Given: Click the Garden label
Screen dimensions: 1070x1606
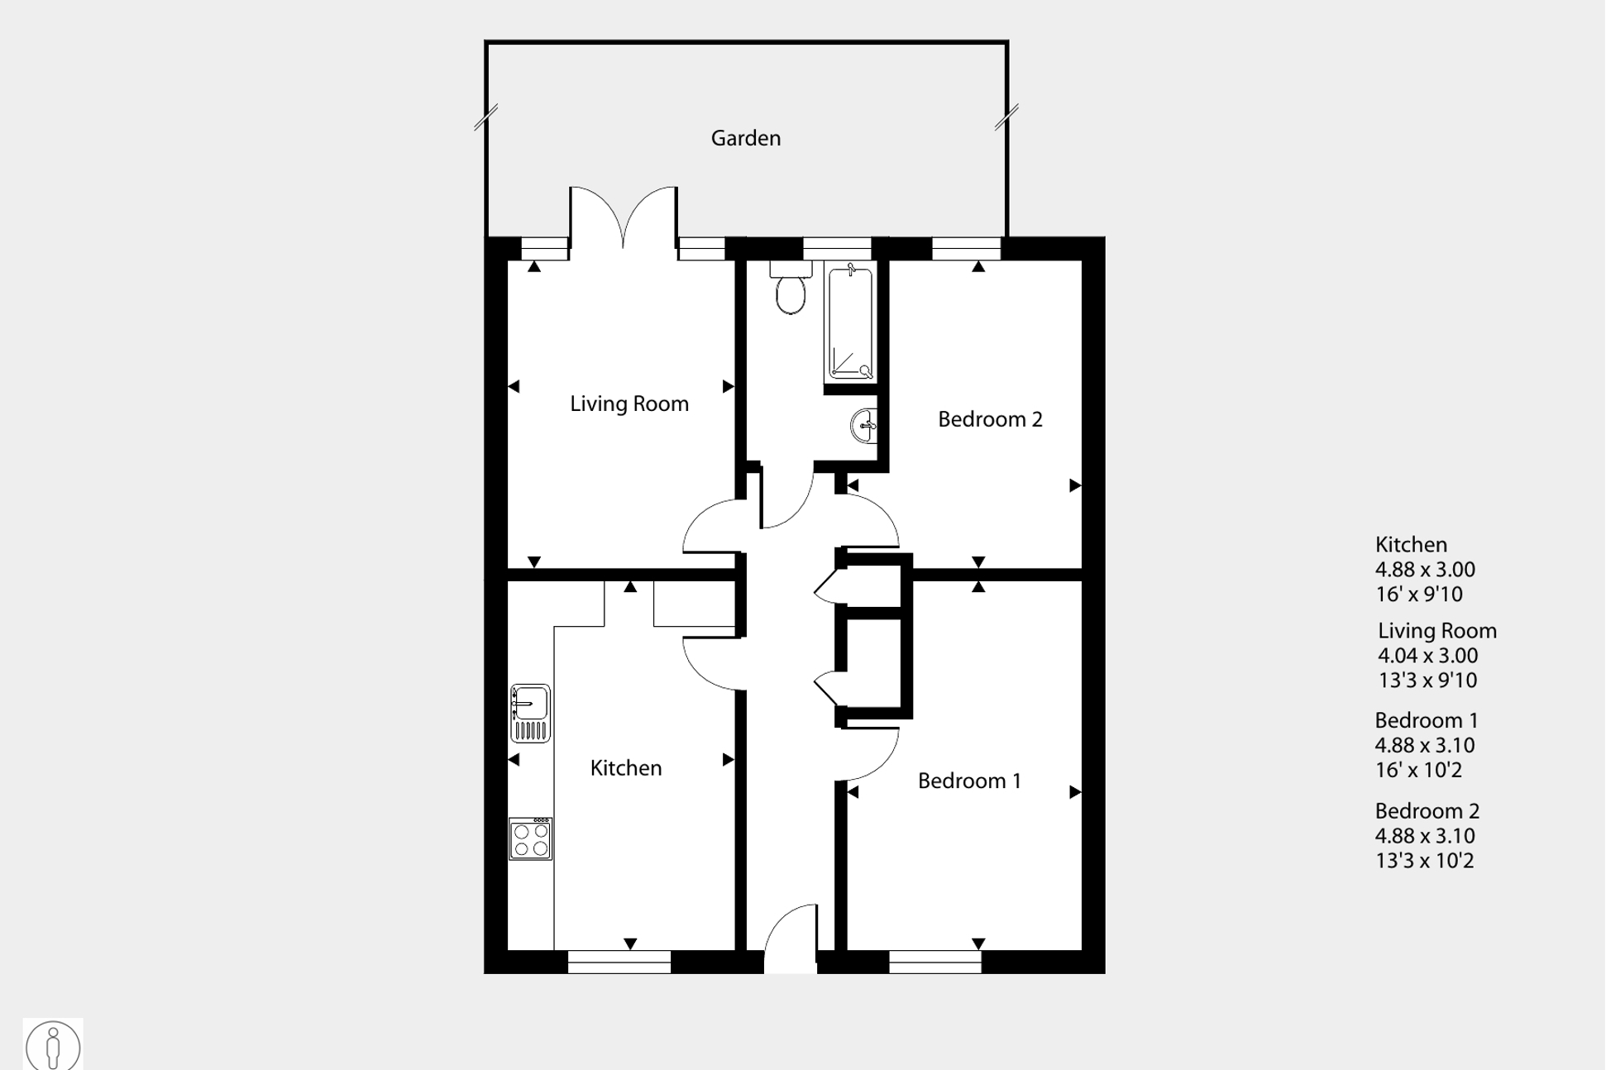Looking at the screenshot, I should pyautogui.click(x=745, y=138).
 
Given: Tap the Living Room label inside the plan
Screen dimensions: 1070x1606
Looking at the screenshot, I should pyautogui.click(x=629, y=404).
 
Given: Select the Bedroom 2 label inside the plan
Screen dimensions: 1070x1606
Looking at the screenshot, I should pyautogui.click(x=989, y=419).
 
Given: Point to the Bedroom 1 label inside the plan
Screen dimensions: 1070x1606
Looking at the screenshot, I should pyautogui.click(x=968, y=781).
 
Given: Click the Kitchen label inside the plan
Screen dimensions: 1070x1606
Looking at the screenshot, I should pyautogui.click(x=625, y=768).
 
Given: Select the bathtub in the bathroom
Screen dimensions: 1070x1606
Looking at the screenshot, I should pyautogui.click(x=850, y=322).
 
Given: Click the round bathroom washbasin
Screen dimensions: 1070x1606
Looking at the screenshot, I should pyautogui.click(x=864, y=426).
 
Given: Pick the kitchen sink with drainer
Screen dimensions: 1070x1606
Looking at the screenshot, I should pyautogui.click(x=530, y=713).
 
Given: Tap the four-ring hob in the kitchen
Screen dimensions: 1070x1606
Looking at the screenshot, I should pyautogui.click(x=530, y=839).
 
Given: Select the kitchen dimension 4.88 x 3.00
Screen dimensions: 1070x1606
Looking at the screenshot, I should pyautogui.click(x=1424, y=570).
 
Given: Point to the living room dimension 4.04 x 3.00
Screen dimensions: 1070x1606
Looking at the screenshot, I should pyautogui.click(x=1427, y=656).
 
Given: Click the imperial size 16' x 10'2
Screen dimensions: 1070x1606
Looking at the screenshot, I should pyautogui.click(x=1418, y=771).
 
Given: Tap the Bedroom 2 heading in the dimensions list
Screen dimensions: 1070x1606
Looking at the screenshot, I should pyautogui.click(x=1427, y=811).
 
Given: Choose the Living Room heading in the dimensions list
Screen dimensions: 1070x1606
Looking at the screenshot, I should pyautogui.click(x=1436, y=631).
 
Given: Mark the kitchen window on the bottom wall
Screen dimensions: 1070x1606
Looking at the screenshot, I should pyautogui.click(x=619, y=962).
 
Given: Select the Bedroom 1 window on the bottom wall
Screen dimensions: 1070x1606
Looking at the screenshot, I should pyautogui.click(x=934, y=962).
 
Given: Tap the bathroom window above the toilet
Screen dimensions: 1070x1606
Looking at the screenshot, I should pyautogui.click(x=836, y=249).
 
